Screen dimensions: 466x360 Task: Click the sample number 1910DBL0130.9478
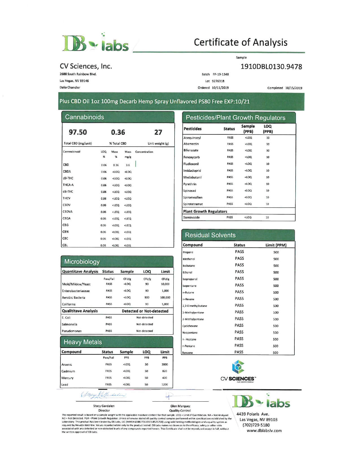tap(271, 67)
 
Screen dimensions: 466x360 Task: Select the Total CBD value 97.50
tap(78, 132)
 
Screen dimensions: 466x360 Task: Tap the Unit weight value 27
tap(158, 132)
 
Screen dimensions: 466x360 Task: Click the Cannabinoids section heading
tap(84, 117)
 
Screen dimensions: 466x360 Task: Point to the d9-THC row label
tap(68, 178)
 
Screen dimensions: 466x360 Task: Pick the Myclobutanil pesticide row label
tap(193, 177)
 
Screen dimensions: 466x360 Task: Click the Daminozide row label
tap(191, 217)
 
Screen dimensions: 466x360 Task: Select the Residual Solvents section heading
tap(210, 235)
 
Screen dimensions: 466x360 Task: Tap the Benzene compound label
tap(188, 353)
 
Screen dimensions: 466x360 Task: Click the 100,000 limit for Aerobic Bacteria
tap(165, 297)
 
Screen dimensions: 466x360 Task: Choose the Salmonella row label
tap(69, 324)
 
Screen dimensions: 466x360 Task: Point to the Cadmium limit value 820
tap(165, 371)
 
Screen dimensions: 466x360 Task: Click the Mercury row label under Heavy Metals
tap(67, 378)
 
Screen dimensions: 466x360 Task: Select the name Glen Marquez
tap(180, 406)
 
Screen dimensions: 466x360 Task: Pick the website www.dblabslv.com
tap(264, 431)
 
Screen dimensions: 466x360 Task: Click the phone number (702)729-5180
tap(256, 425)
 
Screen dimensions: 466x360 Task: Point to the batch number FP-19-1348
tap(221, 74)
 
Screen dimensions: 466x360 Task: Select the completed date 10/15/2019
tap(294, 88)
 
